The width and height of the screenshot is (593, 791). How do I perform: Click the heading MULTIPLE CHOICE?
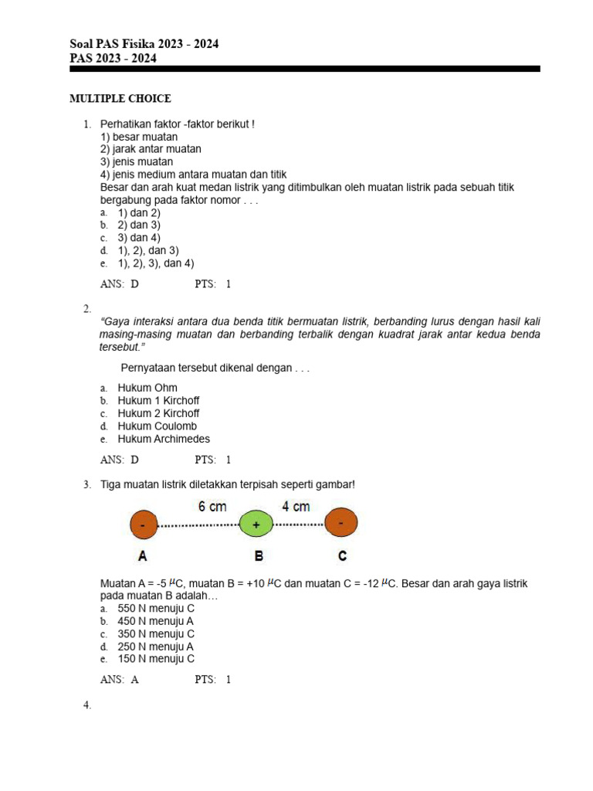pyautogui.click(x=120, y=99)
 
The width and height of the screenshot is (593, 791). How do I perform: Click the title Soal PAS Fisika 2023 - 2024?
pyautogui.click(x=144, y=44)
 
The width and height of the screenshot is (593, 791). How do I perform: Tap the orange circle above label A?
pyautogui.click(x=142, y=525)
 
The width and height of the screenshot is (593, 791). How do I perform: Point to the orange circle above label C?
pyautogui.click(x=341, y=523)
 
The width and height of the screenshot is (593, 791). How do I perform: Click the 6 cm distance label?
pyautogui.click(x=212, y=507)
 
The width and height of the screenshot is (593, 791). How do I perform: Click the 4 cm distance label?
pyautogui.click(x=296, y=507)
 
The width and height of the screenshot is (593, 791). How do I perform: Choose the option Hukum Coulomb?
pyautogui.click(x=157, y=426)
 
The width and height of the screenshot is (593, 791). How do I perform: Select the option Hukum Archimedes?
pyautogui.click(x=163, y=439)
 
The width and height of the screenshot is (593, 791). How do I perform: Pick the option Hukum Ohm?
pyautogui.click(x=147, y=388)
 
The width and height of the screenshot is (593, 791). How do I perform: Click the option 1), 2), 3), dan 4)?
pyautogui.click(x=155, y=263)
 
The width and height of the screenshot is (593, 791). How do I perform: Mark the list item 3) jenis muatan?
pyautogui.click(x=137, y=162)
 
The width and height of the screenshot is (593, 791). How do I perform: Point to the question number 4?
pyautogui.click(x=87, y=705)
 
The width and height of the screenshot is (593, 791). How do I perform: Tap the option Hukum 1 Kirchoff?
pyautogui.click(x=158, y=401)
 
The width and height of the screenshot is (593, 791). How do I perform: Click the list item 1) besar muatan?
pyautogui.click(x=139, y=137)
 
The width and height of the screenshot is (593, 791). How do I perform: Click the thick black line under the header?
pyautogui.click(x=304, y=69)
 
